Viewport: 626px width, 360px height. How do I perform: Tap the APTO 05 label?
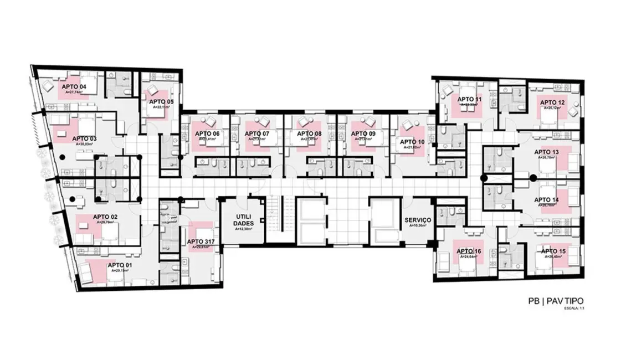[160, 101]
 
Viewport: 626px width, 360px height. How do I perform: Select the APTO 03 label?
[84, 138]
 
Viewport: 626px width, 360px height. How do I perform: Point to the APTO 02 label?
[105, 217]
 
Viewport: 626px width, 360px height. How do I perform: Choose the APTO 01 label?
[122, 265]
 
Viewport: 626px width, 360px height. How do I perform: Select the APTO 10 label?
[413, 142]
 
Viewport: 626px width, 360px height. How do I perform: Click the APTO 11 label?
[470, 99]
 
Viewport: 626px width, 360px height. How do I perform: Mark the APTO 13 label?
[546, 152]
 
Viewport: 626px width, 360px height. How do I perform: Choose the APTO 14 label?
[546, 199]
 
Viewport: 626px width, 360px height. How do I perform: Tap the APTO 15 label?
[554, 251]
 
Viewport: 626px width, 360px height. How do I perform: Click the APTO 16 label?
[469, 251]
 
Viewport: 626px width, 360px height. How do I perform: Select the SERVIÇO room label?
[418, 220]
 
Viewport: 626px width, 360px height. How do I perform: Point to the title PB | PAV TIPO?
[555, 301]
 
